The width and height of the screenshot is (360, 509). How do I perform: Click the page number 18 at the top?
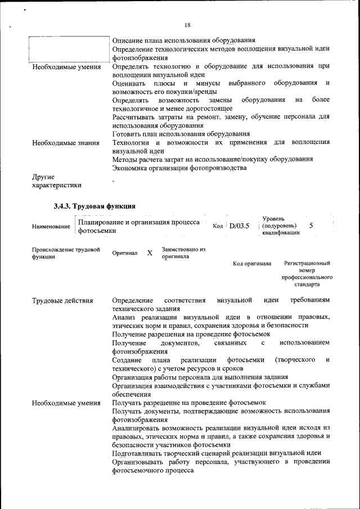click(187, 25)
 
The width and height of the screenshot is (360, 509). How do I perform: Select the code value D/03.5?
click(239, 226)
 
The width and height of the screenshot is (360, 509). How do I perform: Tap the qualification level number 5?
click(311, 226)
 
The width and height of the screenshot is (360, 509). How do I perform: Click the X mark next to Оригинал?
click(150, 253)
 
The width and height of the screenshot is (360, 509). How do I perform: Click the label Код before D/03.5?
click(219, 226)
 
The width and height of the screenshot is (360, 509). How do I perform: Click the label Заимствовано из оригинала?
click(183, 253)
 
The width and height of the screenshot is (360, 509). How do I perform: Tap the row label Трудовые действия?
click(62, 300)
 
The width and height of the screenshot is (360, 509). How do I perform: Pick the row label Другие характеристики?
click(56, 181)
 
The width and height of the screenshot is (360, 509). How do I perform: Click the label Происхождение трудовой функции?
click(66, 253)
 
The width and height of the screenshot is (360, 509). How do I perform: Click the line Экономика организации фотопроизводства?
click(179, 168)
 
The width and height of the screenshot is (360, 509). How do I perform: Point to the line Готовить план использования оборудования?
click(181, 134)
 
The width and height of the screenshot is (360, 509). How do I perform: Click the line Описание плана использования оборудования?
click(184, 40)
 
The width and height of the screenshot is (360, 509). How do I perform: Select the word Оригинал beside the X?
click(125, 253)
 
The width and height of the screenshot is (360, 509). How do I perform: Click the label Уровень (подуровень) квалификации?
click(281, 226)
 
